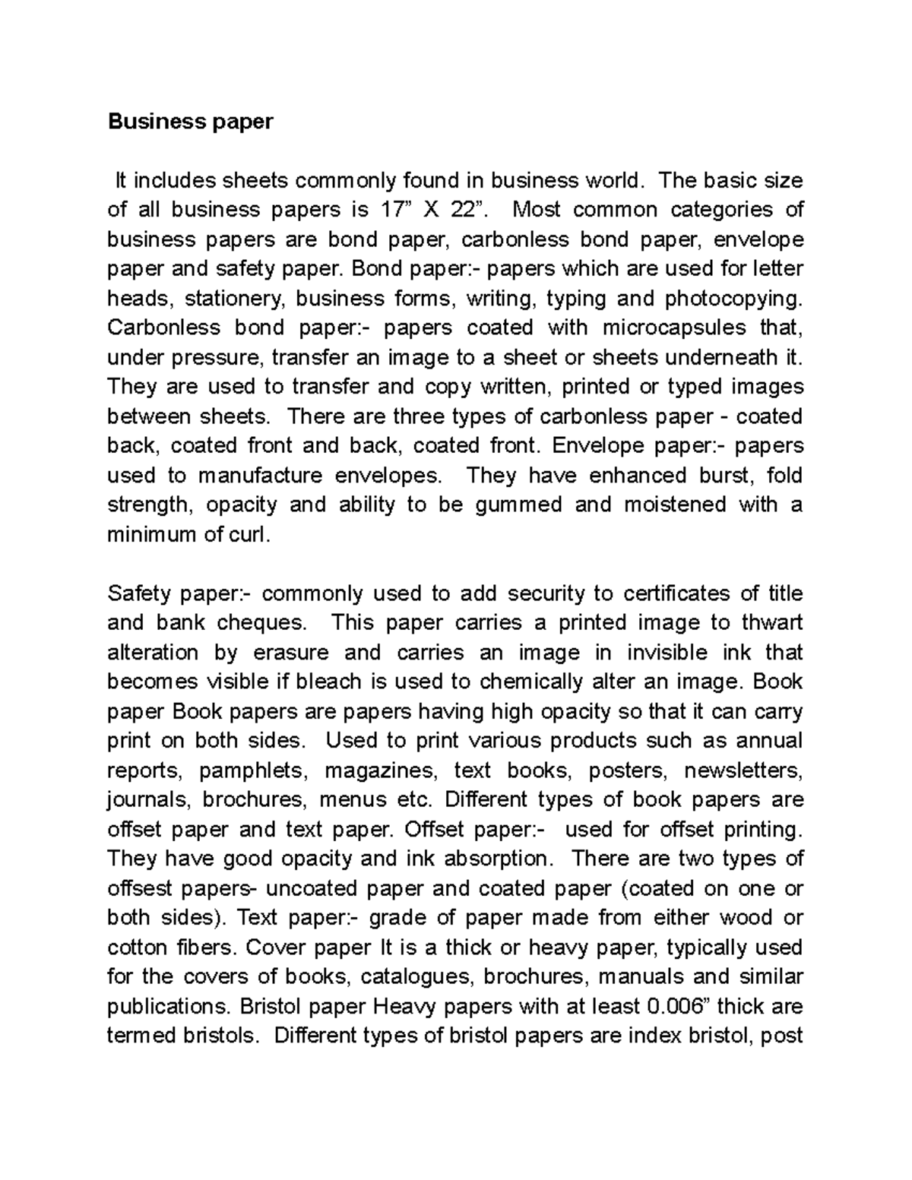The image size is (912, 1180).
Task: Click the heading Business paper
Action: point(190,122)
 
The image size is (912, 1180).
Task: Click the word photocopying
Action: point(733,299)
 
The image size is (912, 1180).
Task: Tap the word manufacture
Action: point(260,476)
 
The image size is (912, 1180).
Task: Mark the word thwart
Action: point(771,623)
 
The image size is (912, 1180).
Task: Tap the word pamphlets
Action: point(254,770)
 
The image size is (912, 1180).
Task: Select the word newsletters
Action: point(743,770)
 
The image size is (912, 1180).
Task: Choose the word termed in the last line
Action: point(141,1036)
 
